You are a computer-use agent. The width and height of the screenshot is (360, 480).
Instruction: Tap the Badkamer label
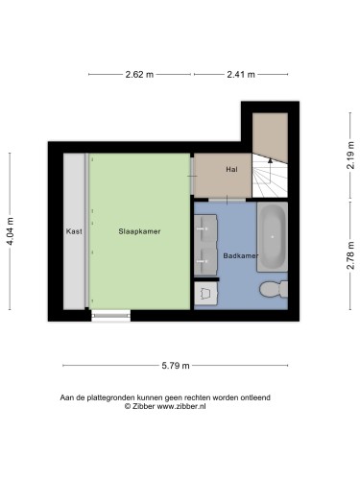[239, 256]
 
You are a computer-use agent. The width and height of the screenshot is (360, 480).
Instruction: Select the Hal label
[231, 170]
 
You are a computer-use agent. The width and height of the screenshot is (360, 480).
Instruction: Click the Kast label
[74, 231]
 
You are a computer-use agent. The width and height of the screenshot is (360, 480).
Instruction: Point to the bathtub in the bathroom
[273, 236]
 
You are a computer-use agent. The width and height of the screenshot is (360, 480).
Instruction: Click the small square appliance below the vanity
[205, 293]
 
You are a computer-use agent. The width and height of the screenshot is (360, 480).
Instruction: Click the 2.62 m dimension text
[139, 75]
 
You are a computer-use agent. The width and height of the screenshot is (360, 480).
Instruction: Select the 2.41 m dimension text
[240, 75]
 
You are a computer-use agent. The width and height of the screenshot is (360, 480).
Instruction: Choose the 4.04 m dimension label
[11, 231]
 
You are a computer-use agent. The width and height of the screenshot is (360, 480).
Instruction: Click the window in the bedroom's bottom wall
[111, 313]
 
